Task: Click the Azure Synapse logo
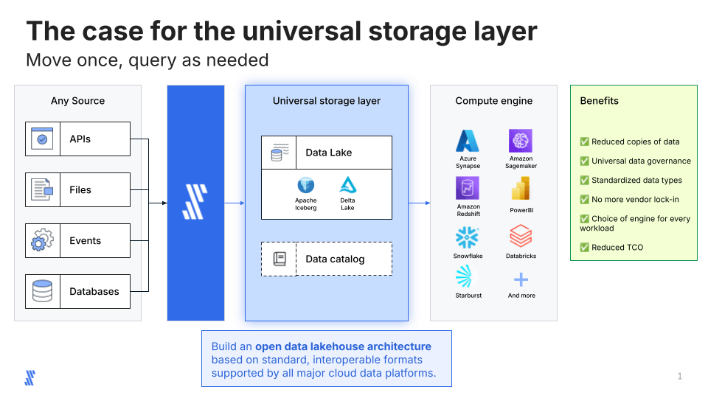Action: [468, 141]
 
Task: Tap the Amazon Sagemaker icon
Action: [521, 140]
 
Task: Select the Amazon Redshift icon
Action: [468, 188]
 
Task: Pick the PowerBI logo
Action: [521, 188]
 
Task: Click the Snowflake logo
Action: [467, 237]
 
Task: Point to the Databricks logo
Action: [521, 236]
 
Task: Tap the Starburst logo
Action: [468, 276]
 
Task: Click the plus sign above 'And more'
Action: [521, 280]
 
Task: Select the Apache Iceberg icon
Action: [305, 185]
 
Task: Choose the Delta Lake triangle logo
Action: [347, 185]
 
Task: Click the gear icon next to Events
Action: [42, 240]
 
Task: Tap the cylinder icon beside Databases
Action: [43, 291]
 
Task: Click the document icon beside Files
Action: [42, 189]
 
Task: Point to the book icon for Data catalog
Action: [280, 259]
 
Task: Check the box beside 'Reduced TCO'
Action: [584, 248]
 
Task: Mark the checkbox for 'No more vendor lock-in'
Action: [584, 200]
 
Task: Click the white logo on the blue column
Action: [195, 202]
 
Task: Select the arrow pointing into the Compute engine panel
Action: [419, 203]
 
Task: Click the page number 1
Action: [679, 376]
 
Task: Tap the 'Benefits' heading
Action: [599, 101]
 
